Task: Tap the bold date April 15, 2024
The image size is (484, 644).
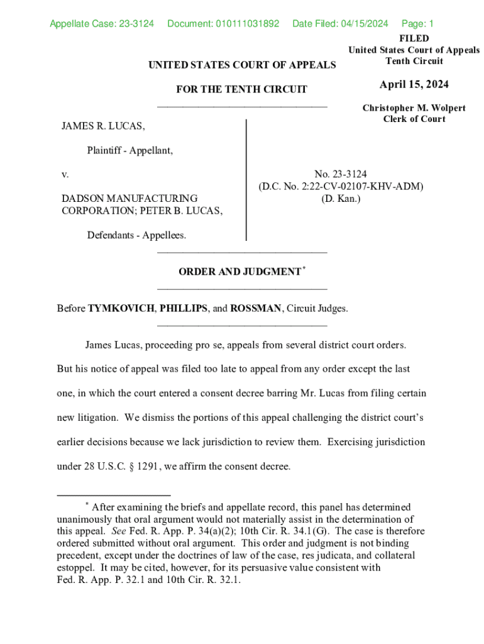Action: (414, 86)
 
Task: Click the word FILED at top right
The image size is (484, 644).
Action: (414, 38)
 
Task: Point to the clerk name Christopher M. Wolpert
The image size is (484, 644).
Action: (414, 108)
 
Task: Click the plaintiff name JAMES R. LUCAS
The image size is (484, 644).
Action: (103, 127)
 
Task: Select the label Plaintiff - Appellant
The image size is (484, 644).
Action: (130, 150)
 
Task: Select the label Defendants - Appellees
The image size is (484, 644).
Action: (136, 235)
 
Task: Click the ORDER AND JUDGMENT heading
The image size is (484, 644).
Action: (239, 272)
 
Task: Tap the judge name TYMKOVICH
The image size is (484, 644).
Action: (121, 309)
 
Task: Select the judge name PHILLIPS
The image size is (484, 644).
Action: (184, 309)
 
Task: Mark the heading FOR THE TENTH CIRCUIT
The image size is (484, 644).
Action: (241, 90)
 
